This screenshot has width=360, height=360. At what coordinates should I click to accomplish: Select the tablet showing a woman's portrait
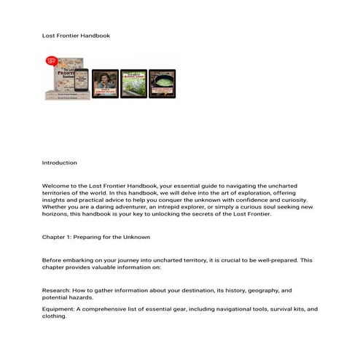105,84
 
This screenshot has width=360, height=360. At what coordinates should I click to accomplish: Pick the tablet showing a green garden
133,84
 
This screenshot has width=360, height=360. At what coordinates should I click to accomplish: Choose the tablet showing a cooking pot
162,84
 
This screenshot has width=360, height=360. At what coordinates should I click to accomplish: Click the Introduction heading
59,163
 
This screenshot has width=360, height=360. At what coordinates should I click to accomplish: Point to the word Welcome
57,187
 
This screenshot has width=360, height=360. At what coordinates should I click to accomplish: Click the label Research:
58,289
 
